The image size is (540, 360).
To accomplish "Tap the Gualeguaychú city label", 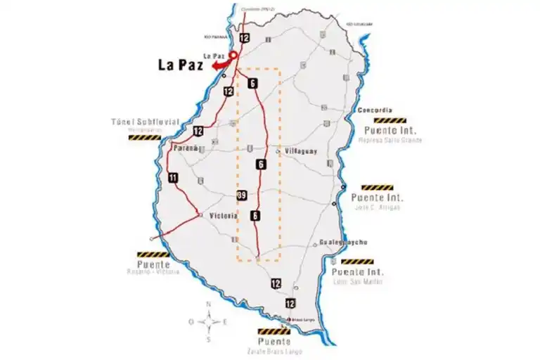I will pos(343,242).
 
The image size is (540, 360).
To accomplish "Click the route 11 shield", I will pos(173,179).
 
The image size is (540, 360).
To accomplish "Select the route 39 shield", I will pos(242,195).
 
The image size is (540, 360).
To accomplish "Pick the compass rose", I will pos(208,322).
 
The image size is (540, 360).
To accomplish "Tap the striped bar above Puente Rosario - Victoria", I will pos(153,255).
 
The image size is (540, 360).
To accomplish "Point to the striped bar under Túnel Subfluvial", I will pos(144,138).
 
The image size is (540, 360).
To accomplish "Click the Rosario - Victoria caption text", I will pos(154,272).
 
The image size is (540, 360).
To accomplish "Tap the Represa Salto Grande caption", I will pos(390,140).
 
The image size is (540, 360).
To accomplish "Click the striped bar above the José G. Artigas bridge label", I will pos(377,188).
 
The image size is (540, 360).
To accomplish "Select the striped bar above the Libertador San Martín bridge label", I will pos(357,262).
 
